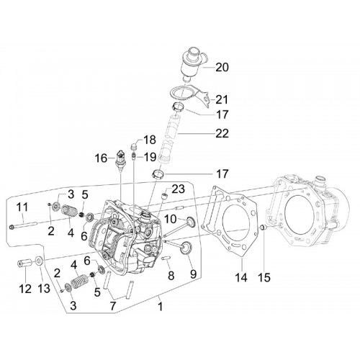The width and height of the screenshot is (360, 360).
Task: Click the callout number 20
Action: pyautogui.click(x=222, y=68)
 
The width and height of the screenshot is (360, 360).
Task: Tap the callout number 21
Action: pyautogui.click(x=222, y=99)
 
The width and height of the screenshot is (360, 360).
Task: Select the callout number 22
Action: pyautogui.click(x=222, y=133)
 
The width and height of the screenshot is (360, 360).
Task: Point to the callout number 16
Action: pyautogui.click(x=101, y=158)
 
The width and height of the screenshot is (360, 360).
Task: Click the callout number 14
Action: pyautogui.click(x=241, y=277)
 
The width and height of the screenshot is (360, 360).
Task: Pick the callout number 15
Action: pyautogui.click(x=264, y=277)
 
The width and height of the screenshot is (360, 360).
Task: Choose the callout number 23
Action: pyautogui.click(x=178, y=189)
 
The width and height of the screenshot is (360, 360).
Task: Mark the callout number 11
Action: pyautogui.click(x=22, y=207)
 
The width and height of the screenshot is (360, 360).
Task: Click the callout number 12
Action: pyautogui.click(x=25, y=289)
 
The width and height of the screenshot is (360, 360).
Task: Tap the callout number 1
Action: pyautogui.click(x=161, y=307)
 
